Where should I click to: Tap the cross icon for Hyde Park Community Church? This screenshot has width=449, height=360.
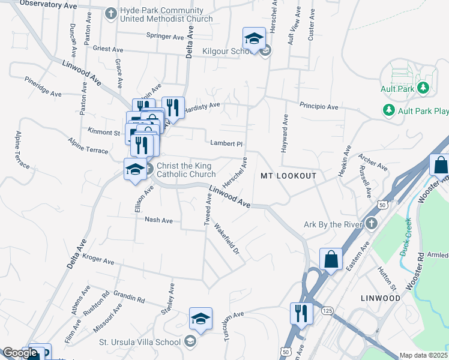click(110, 13)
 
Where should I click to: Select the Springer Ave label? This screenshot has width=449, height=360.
click(165, 37)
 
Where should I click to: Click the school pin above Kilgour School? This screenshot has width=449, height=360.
click(254, 39)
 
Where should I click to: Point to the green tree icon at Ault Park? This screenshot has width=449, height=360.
click(424, 89)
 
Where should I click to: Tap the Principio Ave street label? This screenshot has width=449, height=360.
click(319, 107)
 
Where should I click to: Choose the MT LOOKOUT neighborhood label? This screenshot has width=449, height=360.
click(288, 176)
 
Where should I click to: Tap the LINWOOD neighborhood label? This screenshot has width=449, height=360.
click(380, 298)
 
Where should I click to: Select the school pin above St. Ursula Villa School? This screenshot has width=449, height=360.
click(200, 319)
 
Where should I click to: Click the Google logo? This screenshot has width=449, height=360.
click(20, 353)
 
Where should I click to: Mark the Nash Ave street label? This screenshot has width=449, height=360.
click(158, 220)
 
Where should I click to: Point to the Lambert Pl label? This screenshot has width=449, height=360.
click(226, 143)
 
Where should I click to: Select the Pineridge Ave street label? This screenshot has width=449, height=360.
click(43, 86)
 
